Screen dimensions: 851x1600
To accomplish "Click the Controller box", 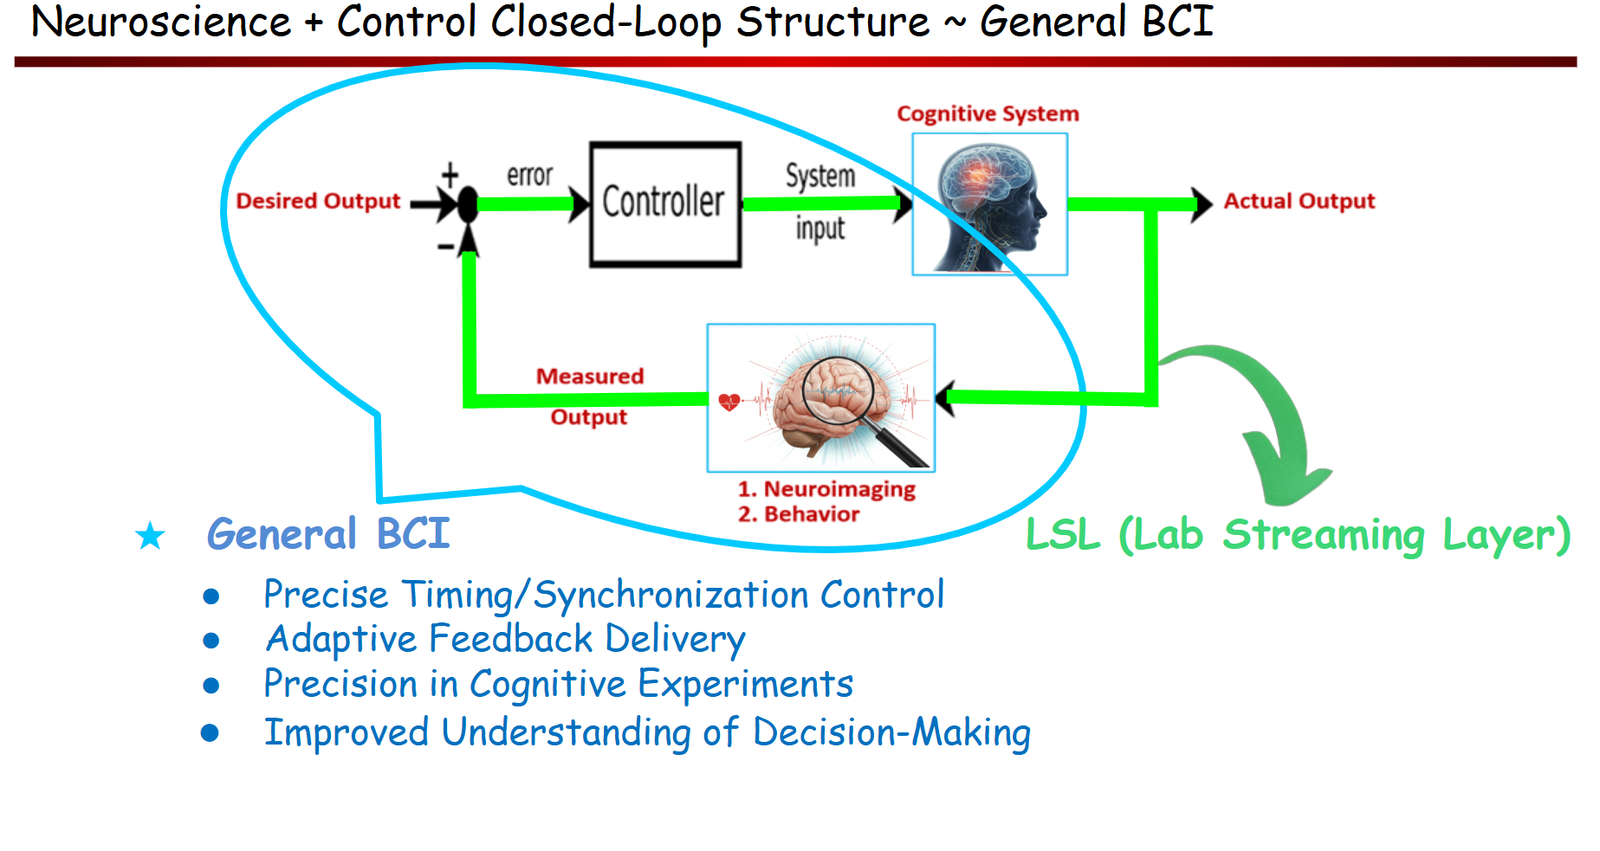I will [x=664, y=204].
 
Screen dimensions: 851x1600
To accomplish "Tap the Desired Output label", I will [x=318, y=201].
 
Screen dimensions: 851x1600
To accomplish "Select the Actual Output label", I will [x=1298, y=201].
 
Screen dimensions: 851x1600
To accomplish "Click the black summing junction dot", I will [x=468, y=204].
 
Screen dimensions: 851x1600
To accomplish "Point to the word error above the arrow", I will [x=529, y=175].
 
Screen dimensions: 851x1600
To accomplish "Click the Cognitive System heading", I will [x=988, y=114].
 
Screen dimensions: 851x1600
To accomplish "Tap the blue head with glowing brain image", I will [x=990, y=205].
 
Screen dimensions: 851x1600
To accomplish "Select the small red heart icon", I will [x=729, y=401].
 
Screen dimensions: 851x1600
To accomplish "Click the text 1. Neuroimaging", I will [x=826, y=489].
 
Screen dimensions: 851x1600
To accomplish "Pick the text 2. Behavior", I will [x=799, y=514].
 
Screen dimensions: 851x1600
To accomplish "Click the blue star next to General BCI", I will [x=151, y=536].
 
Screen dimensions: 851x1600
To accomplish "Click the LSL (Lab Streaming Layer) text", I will [x=1297, y=535].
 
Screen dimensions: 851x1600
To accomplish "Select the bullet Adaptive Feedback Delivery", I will [x=504, y=639].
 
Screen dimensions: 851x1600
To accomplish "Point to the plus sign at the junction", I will [x=450, y=175].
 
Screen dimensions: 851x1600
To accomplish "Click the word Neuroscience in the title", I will [x=161, y=22].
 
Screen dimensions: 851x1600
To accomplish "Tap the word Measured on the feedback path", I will [x=589, y=377].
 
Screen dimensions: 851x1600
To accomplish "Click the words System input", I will [x=819, y=201].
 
